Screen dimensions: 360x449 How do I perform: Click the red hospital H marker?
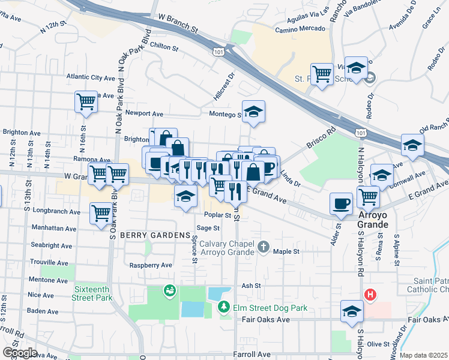pos(370,295)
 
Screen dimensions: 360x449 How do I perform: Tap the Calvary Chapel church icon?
pos(263,247)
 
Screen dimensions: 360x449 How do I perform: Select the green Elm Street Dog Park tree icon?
pos(224,307)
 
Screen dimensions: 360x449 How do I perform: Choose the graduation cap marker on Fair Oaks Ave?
pos(351,311)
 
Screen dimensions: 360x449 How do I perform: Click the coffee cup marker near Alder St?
pos(342,203)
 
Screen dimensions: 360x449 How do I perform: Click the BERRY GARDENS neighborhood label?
pos(154,236)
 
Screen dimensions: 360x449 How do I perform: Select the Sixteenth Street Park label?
pos(92,292)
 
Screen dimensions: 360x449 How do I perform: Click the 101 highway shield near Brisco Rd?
pos(359,131)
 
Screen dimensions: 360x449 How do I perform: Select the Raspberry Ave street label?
pos(151,265)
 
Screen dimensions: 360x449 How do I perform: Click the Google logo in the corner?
pos(19,352)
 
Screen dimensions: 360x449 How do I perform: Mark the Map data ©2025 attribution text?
pos(423,355)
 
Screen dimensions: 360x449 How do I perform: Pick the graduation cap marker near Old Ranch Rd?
pos(413,145)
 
